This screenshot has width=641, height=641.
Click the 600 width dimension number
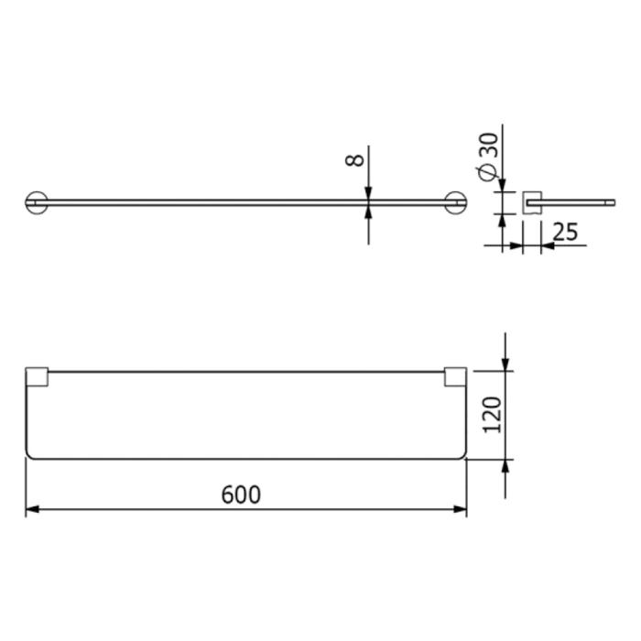point(241,494)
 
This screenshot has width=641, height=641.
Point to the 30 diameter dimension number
point(489,147)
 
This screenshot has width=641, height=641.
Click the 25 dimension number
point(565,233)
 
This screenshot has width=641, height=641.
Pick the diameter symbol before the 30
point(490,171)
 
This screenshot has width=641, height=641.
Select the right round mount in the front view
point(455,201)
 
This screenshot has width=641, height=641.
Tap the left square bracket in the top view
point(38,377)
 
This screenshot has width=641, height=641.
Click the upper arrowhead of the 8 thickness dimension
point(368,192)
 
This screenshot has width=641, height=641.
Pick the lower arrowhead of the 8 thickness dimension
point(368,212)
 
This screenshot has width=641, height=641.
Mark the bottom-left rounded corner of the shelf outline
point(30,454)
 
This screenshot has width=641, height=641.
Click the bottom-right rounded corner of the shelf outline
point(462,454)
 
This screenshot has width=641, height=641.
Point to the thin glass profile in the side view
point(577,197)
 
